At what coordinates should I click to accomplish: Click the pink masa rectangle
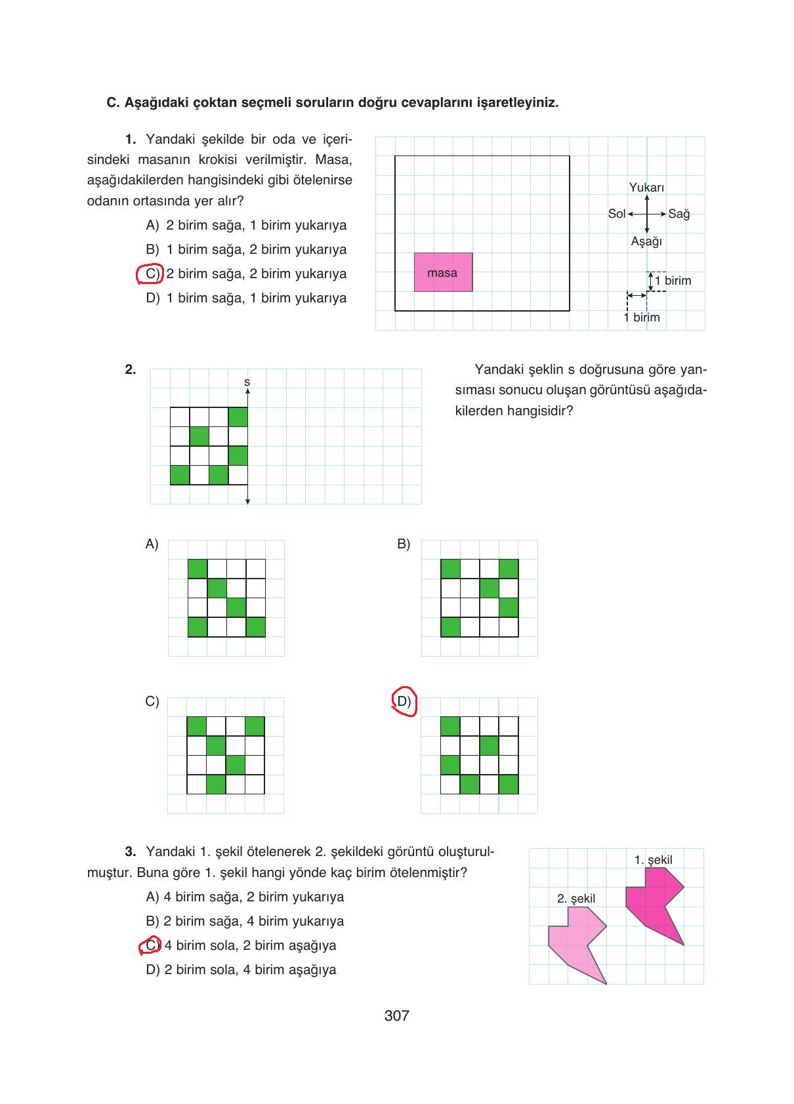[x=443, y=272]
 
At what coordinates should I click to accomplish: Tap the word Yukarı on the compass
[x=646, y=188]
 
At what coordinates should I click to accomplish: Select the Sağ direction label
[x=679, y=214]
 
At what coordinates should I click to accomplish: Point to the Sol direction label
[x=616, y=214]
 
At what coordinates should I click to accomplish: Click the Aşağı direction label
[x=646, y=241]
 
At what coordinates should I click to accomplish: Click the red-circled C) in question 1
[x=150, y=274]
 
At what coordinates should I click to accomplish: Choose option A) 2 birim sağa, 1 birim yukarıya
[x=246, y=226]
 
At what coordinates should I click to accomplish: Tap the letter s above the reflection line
[x=247, y=382]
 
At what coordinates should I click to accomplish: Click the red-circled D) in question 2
[x=404, y=702]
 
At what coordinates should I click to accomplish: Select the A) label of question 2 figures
[x=152, y=544]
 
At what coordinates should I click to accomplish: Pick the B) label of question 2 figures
[x=404, y=544]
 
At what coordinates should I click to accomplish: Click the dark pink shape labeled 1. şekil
[x=656, y=899]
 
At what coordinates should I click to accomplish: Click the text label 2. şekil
[x=576, y=899]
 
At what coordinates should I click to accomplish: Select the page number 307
[x=396, y=1016]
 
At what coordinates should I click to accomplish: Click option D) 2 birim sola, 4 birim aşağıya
[x=241, y=970]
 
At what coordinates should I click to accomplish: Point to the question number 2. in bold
[x=131, y=369]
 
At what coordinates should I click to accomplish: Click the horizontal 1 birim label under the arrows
[x=642, y=317]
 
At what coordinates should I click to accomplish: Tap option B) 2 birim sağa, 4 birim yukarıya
[x=245, y=921]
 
